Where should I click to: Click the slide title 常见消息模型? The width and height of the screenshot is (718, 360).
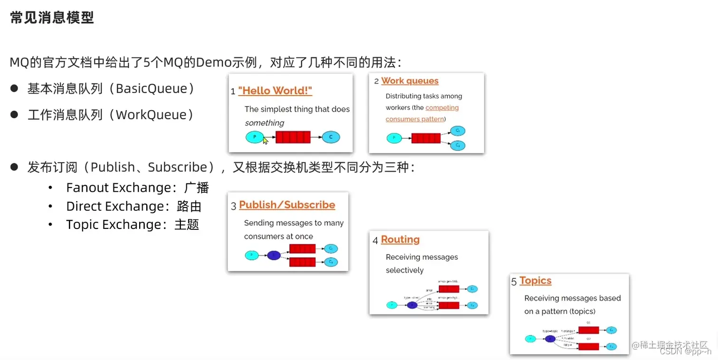(52, 18)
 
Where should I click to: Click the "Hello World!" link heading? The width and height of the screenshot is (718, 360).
(275, 91)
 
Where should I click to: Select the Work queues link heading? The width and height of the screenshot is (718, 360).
(409, 81)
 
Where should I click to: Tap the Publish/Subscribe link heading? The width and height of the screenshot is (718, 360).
(287, 205)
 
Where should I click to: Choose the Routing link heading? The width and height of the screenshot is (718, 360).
(400, 239)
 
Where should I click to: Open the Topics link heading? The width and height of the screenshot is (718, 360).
(535, 281)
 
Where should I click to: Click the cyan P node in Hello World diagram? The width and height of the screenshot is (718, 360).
(254, 137)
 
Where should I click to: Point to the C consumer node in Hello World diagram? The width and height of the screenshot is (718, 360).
(331, 137)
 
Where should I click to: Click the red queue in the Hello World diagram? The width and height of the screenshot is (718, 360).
(293, 137)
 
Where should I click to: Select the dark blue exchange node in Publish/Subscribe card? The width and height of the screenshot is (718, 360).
(274, 256)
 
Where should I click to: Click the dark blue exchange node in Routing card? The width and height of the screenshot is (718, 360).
(412, 305)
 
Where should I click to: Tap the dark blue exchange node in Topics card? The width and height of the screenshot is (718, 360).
(550, 339)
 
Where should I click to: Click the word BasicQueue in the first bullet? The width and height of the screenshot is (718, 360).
(151, 89)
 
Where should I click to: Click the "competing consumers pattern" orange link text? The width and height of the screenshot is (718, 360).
(422, 114)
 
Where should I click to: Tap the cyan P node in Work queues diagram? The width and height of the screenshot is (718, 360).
(394, 138)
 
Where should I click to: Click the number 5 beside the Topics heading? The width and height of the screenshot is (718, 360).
(514, 282)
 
